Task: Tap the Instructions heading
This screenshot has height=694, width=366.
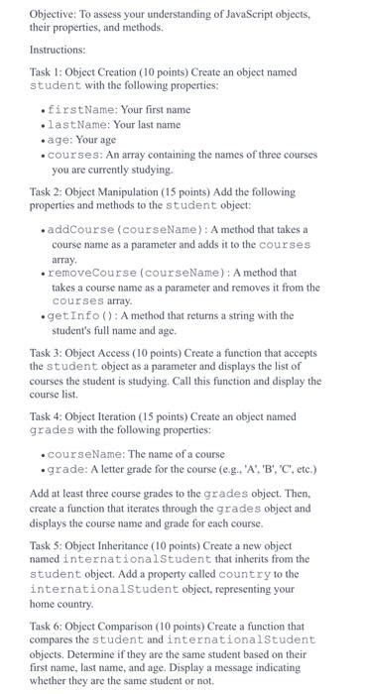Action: point(58,49)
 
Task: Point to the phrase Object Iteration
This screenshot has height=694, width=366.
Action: point(100,416)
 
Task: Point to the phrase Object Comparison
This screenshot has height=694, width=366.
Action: point(107,625)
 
